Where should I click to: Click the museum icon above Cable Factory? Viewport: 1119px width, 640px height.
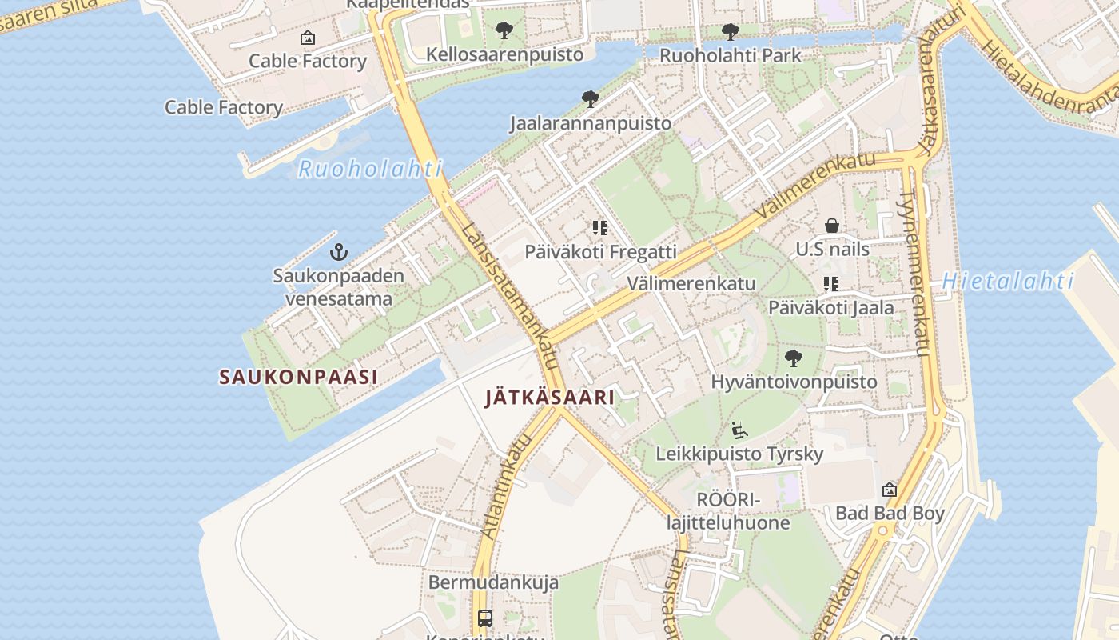(x=307, y=38)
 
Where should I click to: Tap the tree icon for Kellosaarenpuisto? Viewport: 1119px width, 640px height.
(x=504, y=31)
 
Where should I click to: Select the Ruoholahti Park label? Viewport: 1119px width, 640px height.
(x=730, y=55)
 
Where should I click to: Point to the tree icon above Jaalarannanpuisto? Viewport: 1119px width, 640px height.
(x=591, y=99)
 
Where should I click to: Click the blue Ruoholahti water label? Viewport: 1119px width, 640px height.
(x=369, y=169)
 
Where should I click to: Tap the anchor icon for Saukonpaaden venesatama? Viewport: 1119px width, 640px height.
(x=339, y=253)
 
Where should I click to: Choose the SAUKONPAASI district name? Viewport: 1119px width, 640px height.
(x=298, y=377)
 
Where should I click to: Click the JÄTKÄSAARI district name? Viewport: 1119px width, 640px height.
(x=550, y=397)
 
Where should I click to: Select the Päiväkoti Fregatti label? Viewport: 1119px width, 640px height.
(x=600, y=251)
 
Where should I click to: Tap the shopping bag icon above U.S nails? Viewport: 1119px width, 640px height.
(x=832, y=226)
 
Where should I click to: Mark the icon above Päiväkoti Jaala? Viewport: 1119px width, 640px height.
(x=831, y=283)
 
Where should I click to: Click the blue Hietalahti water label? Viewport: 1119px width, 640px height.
(x=1007, y=281)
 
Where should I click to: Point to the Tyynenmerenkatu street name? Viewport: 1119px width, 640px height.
(x=917, y=272)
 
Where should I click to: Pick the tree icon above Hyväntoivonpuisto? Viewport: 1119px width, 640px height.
(x=794, y=358)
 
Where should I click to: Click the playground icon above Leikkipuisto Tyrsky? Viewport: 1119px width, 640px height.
(x=739, y=430)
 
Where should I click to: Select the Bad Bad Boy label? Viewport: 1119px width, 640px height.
(x=890, y=513)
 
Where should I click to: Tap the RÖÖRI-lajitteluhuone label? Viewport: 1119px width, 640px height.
(x=728, y=511)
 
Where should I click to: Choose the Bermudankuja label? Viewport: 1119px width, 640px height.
(x=493, y=582)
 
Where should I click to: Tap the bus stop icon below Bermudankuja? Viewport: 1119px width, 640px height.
(x=485, y=618)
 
